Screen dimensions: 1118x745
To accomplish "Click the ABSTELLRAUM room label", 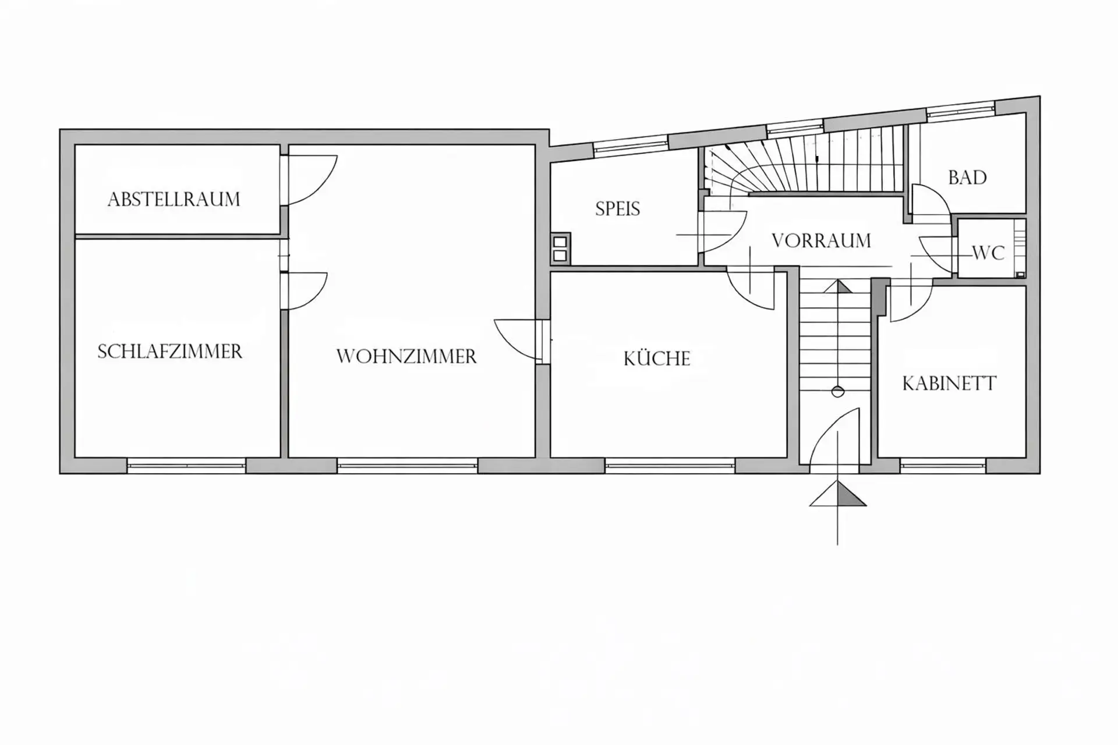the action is click(x=174, y=200).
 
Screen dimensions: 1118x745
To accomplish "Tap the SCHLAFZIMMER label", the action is click(x=169, y=352).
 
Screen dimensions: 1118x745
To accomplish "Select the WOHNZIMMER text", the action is click(x=406, y=356).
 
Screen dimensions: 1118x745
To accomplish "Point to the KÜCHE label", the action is click(x=657, y=358).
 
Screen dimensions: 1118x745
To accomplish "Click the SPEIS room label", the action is click(x=617, y=209).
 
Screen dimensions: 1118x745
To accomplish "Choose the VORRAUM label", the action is click(x=821, y=240).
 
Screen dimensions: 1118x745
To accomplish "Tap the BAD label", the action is click(x=967, y=178).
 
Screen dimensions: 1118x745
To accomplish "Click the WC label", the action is click(x=989, y=253).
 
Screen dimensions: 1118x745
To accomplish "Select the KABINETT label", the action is click(x=949, y=384).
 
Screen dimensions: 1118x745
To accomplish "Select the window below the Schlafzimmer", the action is click(x=186, y=465).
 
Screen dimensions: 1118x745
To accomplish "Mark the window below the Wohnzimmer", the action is click(x=408, y=465).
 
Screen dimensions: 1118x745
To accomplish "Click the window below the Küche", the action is click(x=670, y=465).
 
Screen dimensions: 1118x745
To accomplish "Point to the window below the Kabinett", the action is click(x=943, y=465).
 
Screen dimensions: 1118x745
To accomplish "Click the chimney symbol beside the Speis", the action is click(x=560, y=249).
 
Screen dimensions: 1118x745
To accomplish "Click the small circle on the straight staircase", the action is click(x=837, y=392).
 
